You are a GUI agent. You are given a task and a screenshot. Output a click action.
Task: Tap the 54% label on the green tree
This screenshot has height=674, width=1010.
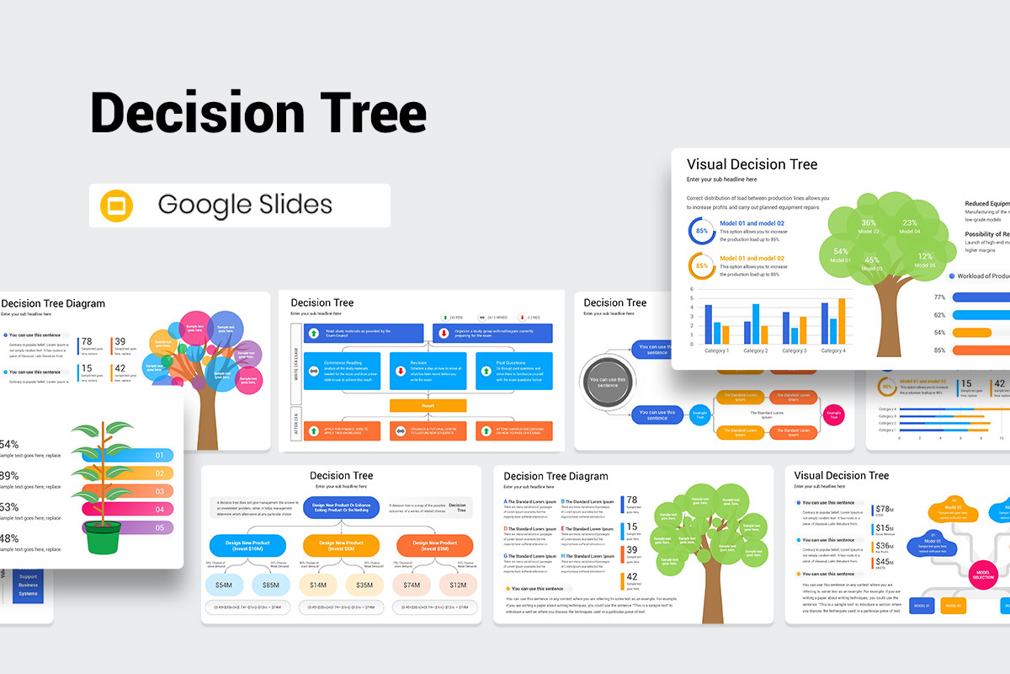click(841, 254)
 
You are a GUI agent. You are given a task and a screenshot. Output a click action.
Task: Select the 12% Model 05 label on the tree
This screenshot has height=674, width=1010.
click(925, 259)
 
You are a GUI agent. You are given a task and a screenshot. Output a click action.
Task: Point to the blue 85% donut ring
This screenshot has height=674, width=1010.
click(701, 231)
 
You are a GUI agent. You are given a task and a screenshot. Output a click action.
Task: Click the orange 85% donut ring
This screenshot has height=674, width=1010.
click(701, 265)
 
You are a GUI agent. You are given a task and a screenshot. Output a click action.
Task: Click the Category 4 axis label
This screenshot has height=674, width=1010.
click(832, 350)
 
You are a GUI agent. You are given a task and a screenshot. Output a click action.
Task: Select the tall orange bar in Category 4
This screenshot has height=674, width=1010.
click(842, 321)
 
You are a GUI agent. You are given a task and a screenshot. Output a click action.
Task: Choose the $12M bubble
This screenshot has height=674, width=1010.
click(458, 585)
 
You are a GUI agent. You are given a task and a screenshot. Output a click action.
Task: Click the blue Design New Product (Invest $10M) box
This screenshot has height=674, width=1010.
click(247, 545)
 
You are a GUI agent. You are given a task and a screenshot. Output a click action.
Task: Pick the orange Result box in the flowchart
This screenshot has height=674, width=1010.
click(428, 405)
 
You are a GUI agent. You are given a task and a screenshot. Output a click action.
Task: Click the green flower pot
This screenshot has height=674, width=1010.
click(102, 537)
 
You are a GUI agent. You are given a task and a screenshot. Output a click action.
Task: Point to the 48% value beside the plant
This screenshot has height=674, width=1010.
click(8, 538)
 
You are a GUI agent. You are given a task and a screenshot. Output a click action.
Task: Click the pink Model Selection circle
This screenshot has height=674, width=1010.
click(983, 574)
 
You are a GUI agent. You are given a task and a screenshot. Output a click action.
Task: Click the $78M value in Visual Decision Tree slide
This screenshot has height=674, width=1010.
click(883, 510)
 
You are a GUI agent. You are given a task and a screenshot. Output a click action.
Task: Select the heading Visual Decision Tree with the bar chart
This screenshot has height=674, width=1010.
click(752, 164)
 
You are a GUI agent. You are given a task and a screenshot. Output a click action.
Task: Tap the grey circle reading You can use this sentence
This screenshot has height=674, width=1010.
click(608, 383)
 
